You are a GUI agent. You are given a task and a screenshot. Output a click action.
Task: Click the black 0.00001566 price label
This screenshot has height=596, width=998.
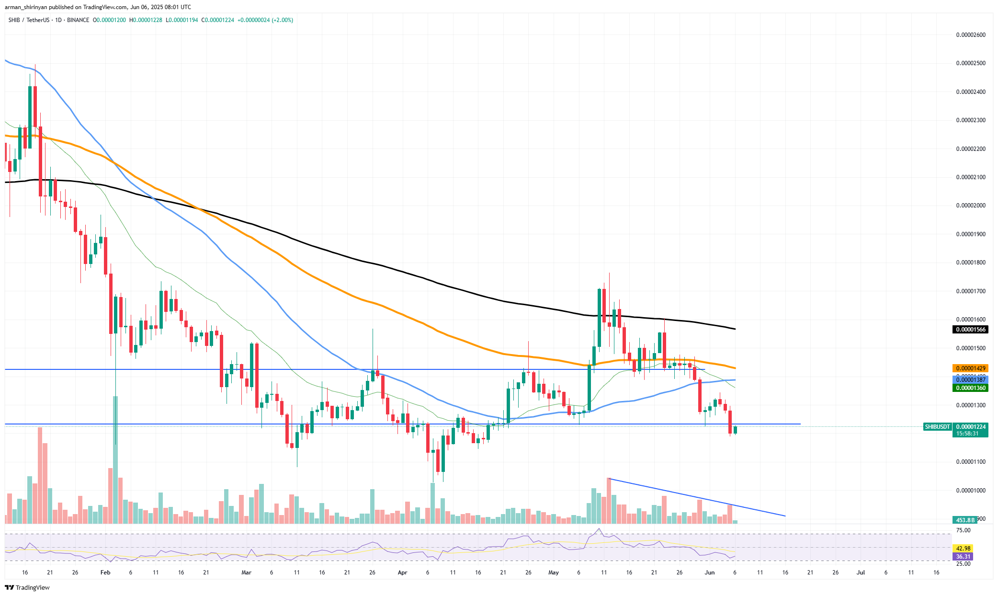(971, 330)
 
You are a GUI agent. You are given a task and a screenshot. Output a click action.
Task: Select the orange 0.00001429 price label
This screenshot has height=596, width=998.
(971, 368)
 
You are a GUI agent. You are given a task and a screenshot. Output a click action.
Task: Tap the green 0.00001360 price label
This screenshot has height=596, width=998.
(971, 388)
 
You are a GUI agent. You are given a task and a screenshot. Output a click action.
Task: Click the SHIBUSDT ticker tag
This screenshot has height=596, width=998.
(937, 427)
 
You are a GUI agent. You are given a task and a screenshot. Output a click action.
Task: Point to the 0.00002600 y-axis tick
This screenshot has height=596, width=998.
(971, 35)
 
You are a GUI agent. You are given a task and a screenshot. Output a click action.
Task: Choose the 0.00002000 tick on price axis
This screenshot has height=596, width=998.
(971, 206)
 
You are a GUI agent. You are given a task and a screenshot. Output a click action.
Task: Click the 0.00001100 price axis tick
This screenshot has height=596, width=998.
(971, 462)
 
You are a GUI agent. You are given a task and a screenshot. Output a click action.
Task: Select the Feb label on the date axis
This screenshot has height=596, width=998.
(105, 573)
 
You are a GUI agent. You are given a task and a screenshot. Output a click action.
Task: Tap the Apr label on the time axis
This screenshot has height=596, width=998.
(402, 573)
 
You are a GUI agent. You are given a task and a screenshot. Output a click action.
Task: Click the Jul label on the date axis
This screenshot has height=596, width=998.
(861, 573)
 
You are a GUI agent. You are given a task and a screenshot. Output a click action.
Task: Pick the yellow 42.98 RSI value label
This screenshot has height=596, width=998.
(963, 549)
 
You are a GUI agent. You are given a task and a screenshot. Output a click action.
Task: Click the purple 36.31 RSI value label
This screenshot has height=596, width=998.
(963, 557)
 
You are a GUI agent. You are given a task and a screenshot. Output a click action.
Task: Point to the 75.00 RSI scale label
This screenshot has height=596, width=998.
(963, 530)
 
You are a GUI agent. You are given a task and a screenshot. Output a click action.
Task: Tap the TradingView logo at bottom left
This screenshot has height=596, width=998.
(27, 588)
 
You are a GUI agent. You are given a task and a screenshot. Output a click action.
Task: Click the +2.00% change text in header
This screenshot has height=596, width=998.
(283, 20)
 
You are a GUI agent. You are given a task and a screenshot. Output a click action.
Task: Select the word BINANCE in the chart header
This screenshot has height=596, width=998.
(78, 20)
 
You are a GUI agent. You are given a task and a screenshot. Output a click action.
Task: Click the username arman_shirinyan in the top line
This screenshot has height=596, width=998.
(26, 7)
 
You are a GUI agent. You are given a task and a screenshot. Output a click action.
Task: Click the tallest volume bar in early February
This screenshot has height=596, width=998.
(115, 460)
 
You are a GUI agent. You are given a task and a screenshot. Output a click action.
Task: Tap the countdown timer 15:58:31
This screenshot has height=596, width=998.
(967, 434)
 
